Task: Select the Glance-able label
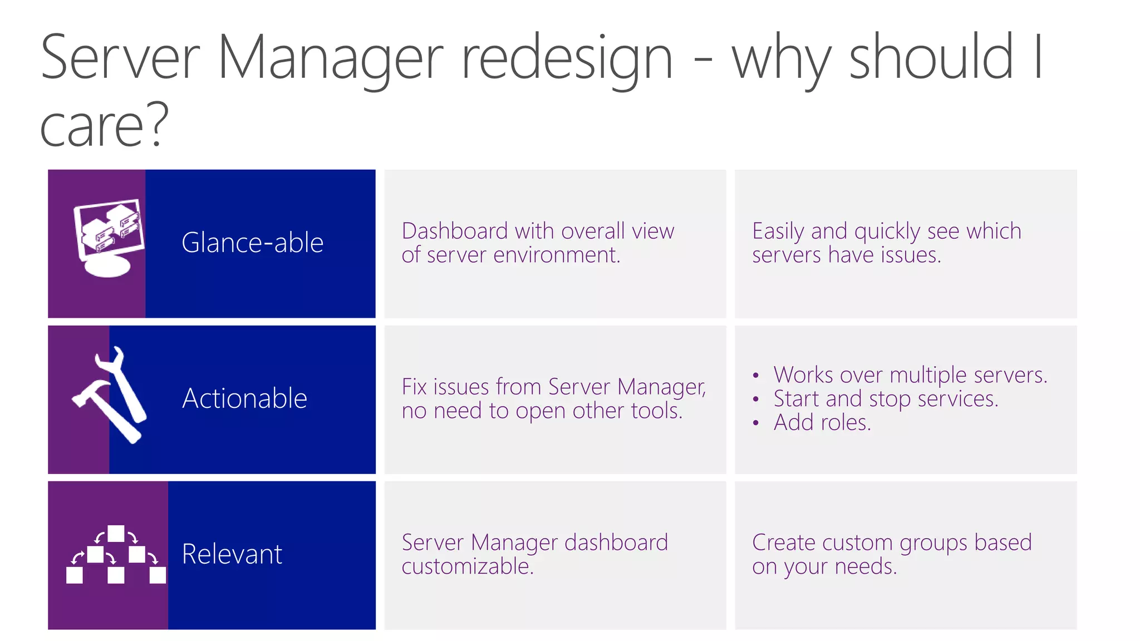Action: pyautogui.click(x=252, y=243)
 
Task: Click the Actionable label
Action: pyautogui.click(x=244, y=398)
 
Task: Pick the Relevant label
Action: pyautogui.click(x=232, y=554)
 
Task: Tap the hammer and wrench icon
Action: pyautogui.click(x=110, y=395)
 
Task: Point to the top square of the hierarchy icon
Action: pyautogui.click(x=116, y=534)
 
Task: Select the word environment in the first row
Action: pyautogui.click(x=556, y=255)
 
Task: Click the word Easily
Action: pyautogui.click(x=778, y=231)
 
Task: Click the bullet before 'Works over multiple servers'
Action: pyautogui.click(x=755, y=376)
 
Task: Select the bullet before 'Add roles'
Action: pyautogui.click(x=755, y=423)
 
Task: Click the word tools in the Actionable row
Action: pyautogui.click(x=660, y=411)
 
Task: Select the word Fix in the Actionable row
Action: pyautogui.click(x=414, y=387)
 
